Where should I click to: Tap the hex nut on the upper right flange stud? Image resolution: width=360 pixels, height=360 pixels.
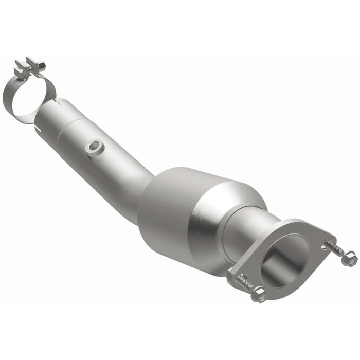(349, 259)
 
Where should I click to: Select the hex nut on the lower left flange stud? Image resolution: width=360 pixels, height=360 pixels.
(259, 294)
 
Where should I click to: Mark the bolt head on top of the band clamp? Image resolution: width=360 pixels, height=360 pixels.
(37, 64)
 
